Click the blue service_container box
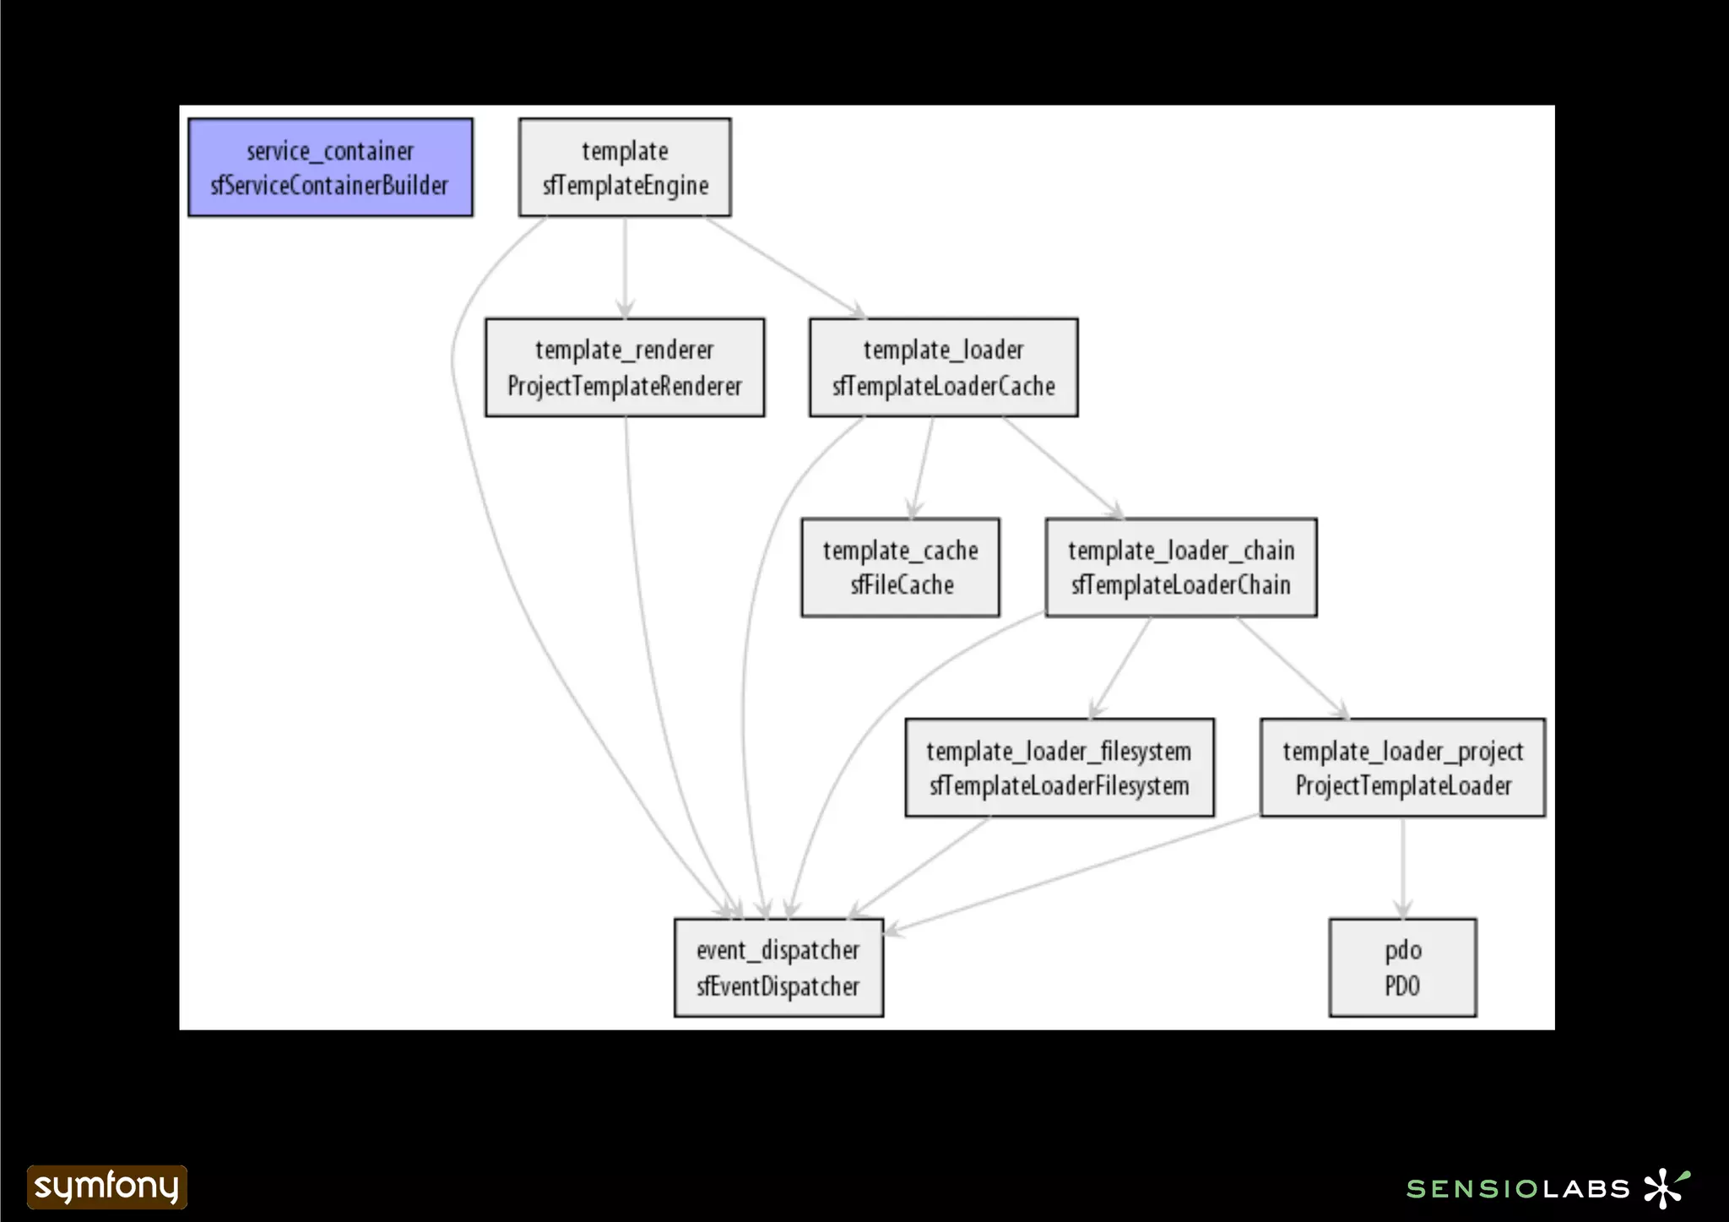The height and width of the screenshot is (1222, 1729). point(330,167)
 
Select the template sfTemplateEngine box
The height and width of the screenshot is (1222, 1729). point(625,167)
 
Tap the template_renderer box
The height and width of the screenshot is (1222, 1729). point(625,367)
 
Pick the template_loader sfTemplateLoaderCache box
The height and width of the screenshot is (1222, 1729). point(943,367)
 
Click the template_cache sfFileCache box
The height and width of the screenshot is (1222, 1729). point(901,568)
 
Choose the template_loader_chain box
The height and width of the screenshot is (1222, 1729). point(1181,568)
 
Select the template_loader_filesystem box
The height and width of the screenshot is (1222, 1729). point(1060,768)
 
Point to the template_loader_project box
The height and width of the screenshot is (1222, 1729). point(1402,768)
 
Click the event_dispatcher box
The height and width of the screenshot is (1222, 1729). point(778,968)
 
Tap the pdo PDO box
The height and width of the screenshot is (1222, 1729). point(1402,968)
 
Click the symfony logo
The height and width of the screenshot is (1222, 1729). point(106,1187)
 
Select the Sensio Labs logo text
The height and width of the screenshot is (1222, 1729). point(1518,1189)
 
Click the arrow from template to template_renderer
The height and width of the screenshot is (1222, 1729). point(625,267)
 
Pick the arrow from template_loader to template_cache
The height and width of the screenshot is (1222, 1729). point(923,467)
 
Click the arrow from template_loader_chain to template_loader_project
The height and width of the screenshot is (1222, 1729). point(1292,667)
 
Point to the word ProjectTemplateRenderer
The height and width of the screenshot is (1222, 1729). point(625,386)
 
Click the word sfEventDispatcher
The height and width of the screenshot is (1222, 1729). point(778,986)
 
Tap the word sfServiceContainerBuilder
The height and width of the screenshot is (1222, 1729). point(330,185)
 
